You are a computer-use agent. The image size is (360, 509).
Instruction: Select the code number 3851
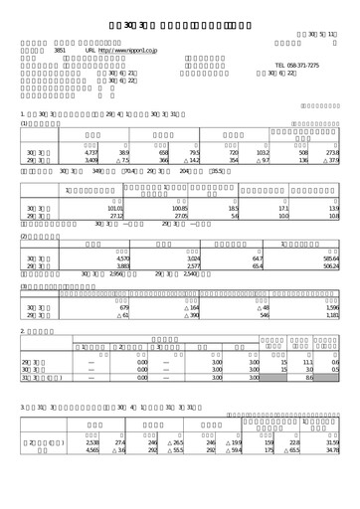(60, 48)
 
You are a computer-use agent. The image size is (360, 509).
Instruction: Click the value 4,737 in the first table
(89, 150)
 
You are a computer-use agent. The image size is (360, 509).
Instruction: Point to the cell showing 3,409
(89, 158)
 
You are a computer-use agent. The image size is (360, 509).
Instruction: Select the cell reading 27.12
(112, 216)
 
